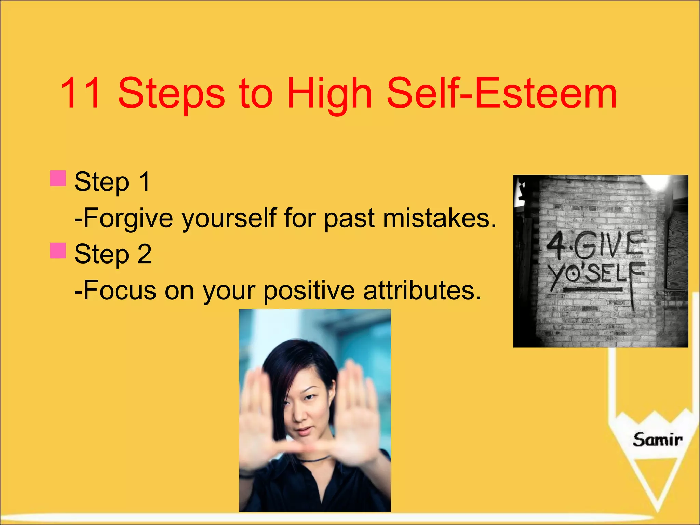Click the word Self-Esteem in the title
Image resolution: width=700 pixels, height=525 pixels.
[501, 93]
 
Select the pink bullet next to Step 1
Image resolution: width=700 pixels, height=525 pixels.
[58, 178]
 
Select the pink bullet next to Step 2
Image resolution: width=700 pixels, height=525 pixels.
[58, 251]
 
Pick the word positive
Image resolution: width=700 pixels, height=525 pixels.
[309, 291]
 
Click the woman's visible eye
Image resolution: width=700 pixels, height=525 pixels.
[310, 397]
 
